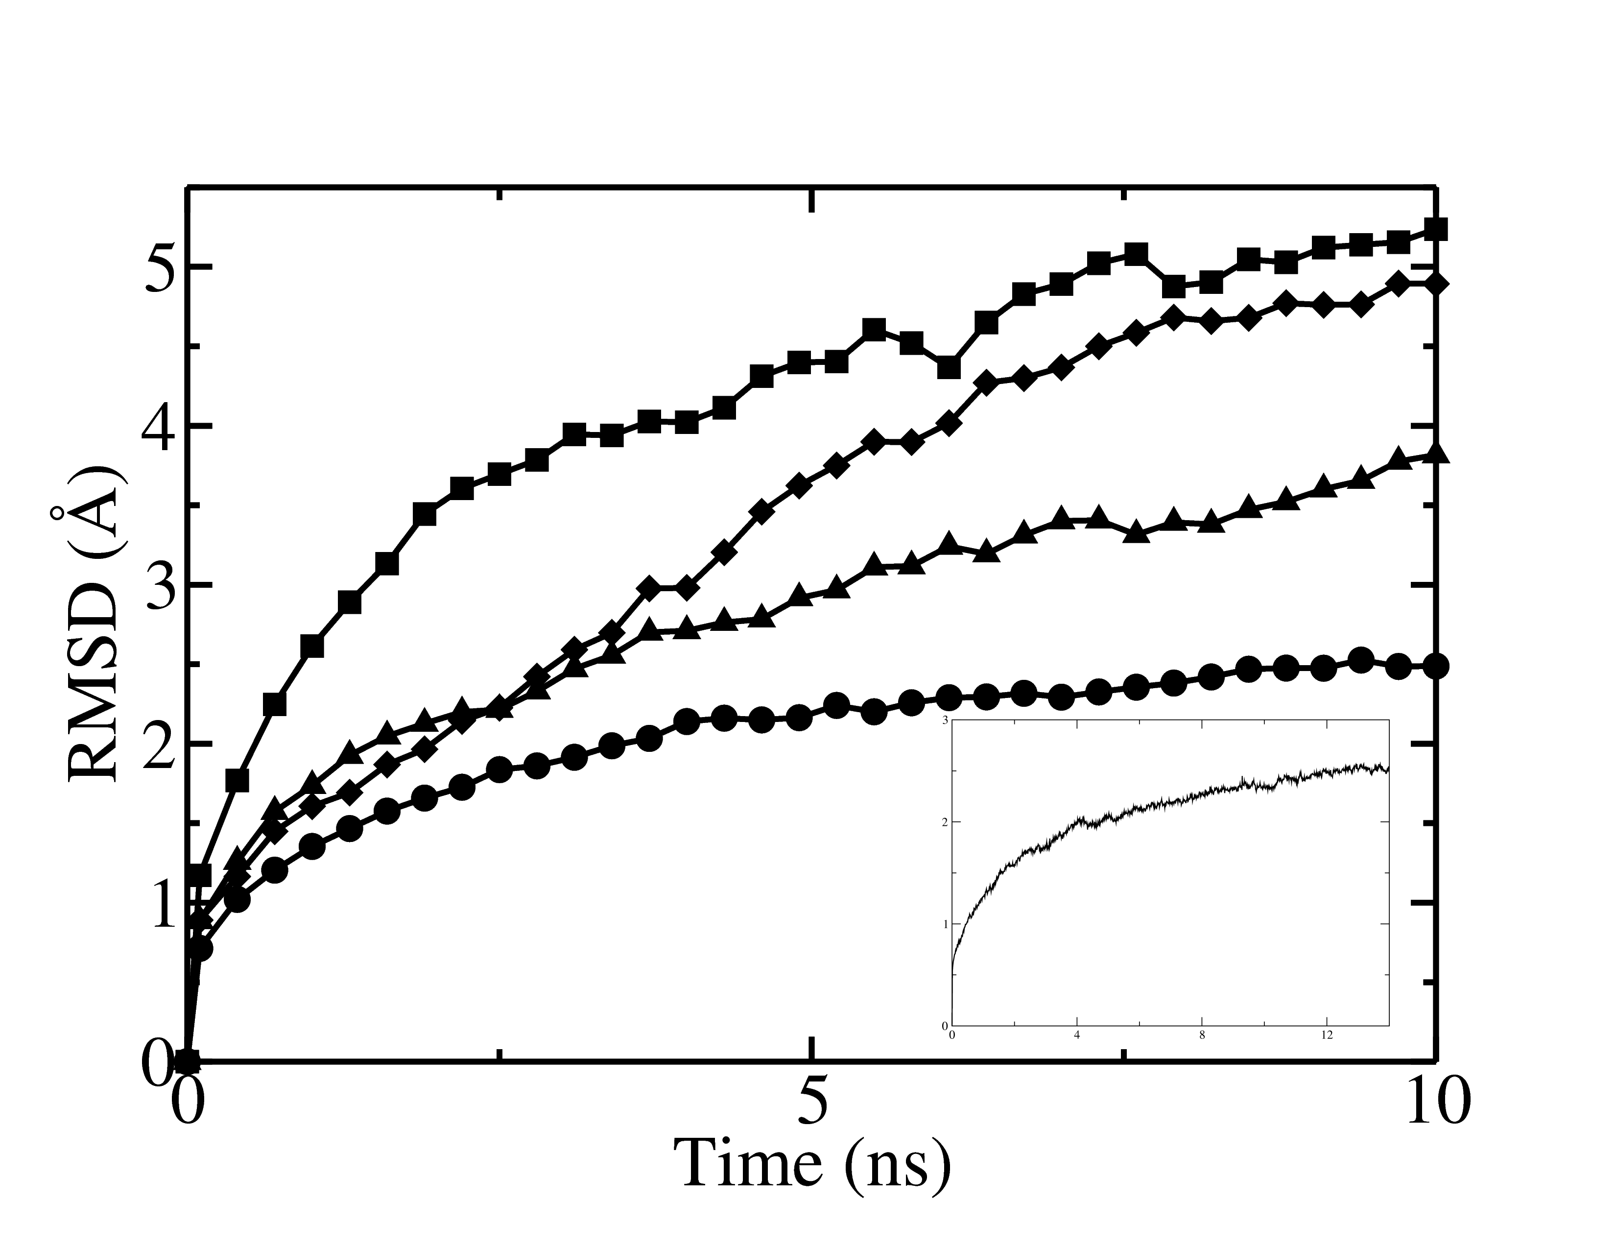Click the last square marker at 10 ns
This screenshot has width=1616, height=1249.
pyautogui.click(x=1435, y=229)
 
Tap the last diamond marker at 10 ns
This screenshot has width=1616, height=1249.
pyautogui.click(x=1435, y=284)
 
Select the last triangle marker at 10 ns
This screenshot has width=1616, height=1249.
pyautogui.click(x=1435, y=454)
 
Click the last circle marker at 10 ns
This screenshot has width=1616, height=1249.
pyautogui.click(x=1435, y=666)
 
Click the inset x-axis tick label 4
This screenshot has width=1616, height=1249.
pyautogui.click(x=1076, y=1034)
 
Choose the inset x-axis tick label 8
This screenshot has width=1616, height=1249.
pyautogui.click(x=1202, y=1034)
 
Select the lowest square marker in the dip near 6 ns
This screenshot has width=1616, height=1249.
pyautogui.click(x=950, y=368)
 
